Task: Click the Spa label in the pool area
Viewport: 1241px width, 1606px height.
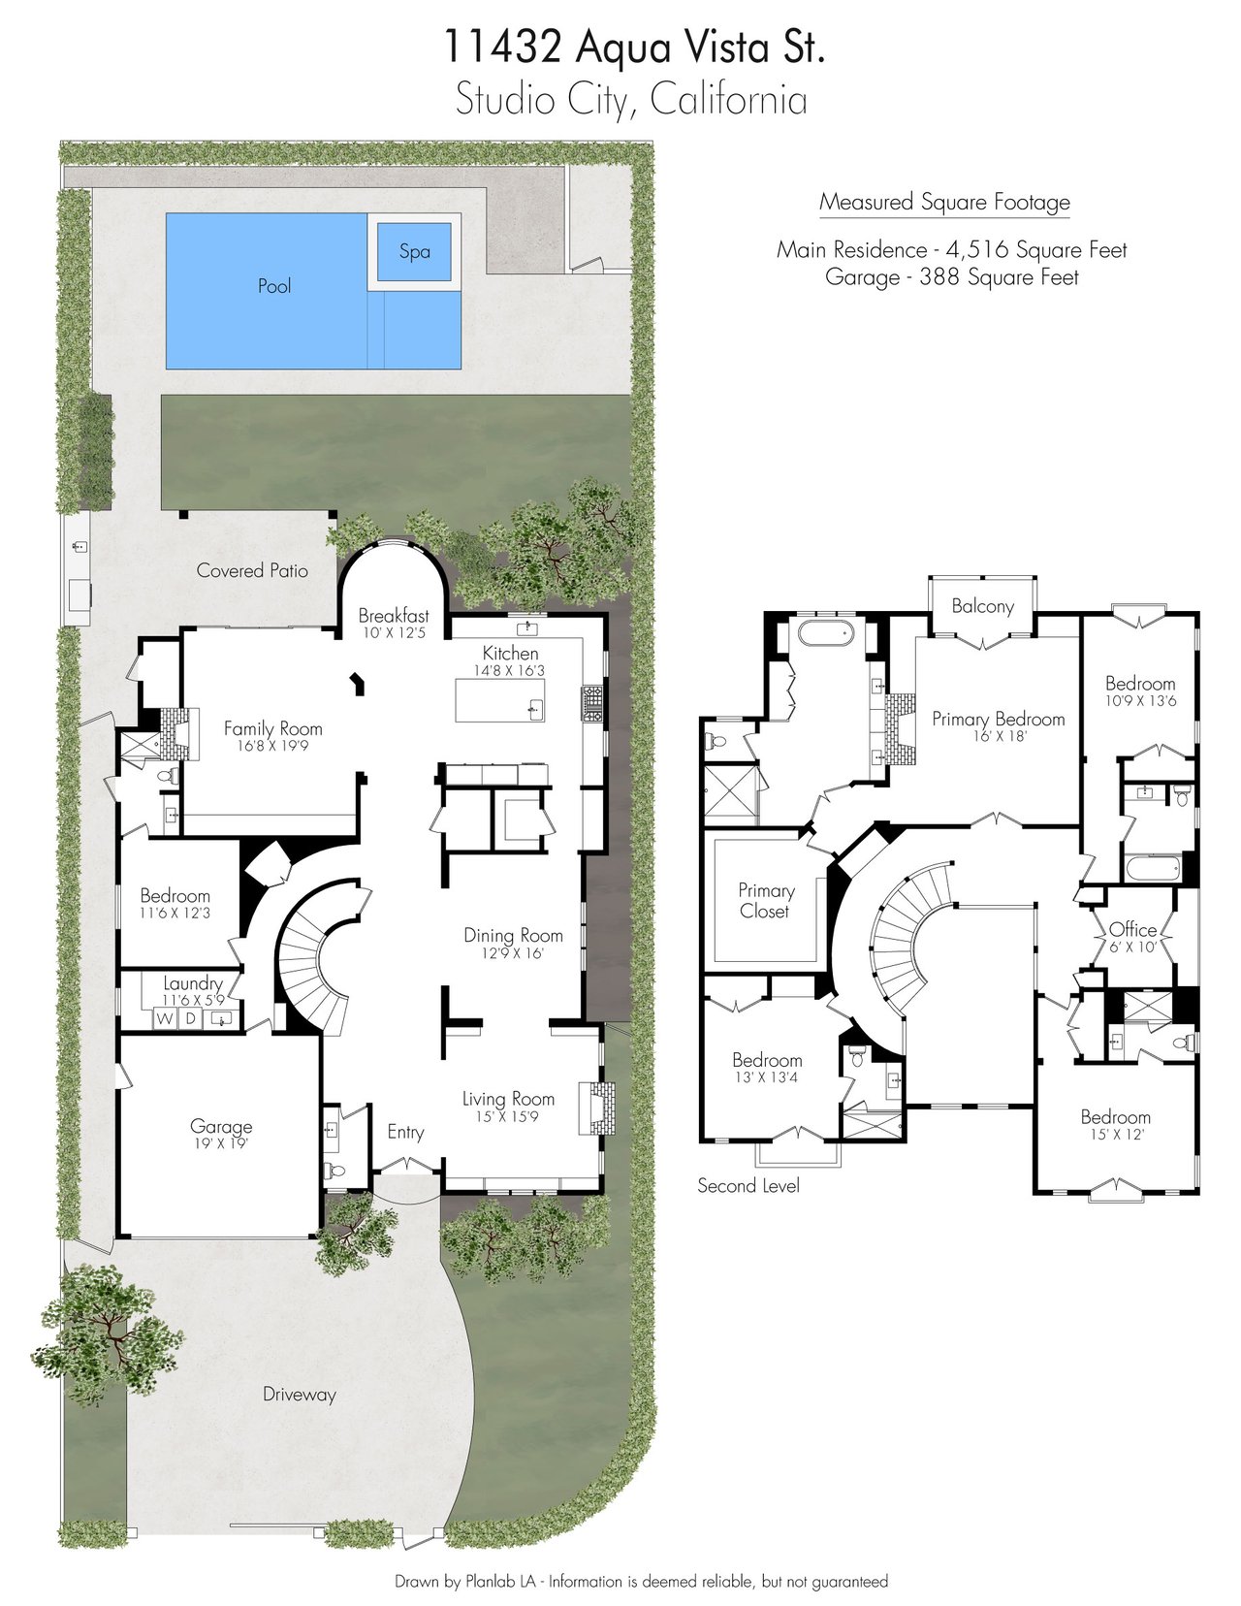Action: click(414, 252)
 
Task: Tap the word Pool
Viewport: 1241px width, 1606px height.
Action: click(274, 286)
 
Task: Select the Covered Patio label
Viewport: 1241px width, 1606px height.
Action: click(252, 570)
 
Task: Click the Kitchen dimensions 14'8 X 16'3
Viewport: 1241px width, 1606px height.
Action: click(510, 670)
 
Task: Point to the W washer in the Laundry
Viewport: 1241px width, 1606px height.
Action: click(164, 1018)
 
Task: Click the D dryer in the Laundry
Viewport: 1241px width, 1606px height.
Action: click(190, 1018)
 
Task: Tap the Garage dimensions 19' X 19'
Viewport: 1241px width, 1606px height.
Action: click(221, 1143)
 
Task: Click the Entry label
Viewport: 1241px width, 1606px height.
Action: click(405, 1133)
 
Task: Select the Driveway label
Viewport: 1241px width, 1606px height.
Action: click(300, 1395)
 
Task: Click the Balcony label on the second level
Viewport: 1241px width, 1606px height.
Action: click(982, 606)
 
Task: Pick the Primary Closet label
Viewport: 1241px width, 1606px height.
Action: click(766, 901)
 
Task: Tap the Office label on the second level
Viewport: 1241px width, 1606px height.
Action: click(1132, 930)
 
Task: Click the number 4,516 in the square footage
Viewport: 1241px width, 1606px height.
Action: click(976, 250)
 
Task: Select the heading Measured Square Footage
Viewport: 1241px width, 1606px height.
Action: click(944, 202)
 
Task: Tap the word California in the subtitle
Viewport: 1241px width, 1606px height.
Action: click(728, 101)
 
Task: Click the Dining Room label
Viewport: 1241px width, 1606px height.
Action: click(514, 936)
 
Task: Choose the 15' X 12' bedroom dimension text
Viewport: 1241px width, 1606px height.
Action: click(1115, 1135)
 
